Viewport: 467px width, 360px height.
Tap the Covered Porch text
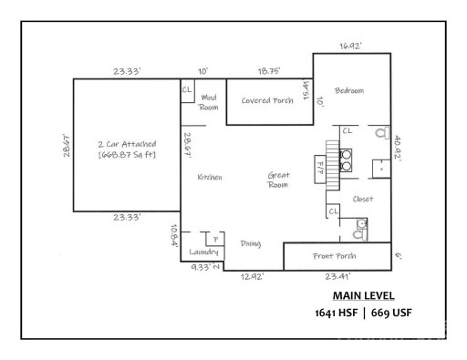click(267, 100)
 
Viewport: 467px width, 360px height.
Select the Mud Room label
click(209, 101)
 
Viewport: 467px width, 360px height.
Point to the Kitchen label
click(210, 178)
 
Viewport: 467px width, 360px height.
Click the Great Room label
click(277, 179)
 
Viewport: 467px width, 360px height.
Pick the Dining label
click(251, 243)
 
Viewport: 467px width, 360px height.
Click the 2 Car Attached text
click(127, 144)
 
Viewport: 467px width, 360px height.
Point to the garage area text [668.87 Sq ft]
click(127, 156)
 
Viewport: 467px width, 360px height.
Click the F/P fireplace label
click(308, 168)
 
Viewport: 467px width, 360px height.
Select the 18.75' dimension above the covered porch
click(268, 69)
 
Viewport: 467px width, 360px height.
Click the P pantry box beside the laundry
click(215, 240)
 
